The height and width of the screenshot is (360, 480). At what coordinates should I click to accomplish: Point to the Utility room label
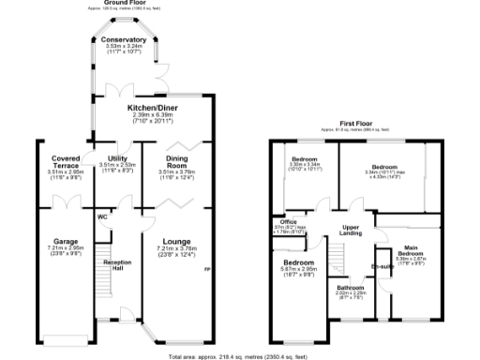tap(117, 159)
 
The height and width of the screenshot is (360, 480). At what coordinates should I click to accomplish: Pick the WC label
tap(102, 217)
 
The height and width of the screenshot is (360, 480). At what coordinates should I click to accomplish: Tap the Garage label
tap(66, 242)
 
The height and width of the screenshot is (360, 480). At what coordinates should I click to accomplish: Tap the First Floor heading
tap(358, 124)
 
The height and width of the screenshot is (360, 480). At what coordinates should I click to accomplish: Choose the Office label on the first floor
tap(278, 221)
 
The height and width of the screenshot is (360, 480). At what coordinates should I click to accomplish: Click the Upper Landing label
tap(351, 230)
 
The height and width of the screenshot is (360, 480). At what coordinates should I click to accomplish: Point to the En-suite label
tap(384, 266)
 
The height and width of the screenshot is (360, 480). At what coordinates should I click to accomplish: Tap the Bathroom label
tap(351, 287)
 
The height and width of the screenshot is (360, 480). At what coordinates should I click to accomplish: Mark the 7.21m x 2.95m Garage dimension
tap(66, 250)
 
